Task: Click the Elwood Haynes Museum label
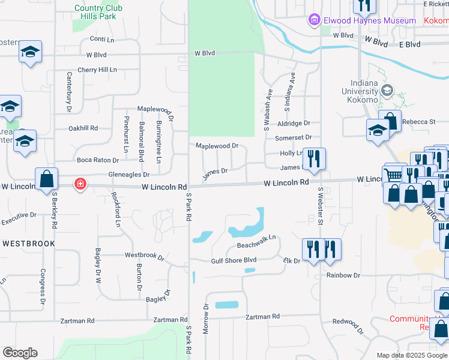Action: tap(370, 21)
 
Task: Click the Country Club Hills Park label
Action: tap(98, 12)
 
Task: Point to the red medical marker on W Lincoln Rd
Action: tap(79, 184)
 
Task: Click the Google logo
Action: tap(20, 353)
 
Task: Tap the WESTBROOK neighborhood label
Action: tap(29, 244)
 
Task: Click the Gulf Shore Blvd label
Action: tap(234, 260)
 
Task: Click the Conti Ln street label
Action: tap(101, 38)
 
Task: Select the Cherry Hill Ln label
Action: tap(97, 70)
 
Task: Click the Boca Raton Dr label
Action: tap(98, 160)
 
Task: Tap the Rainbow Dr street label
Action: tap(343, 275)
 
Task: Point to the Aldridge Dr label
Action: tap(294, 123)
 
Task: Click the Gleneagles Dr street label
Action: tap(128, 175)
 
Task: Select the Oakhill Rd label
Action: tap(83, 128)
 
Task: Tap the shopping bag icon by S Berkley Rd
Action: tap(46, 179)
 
